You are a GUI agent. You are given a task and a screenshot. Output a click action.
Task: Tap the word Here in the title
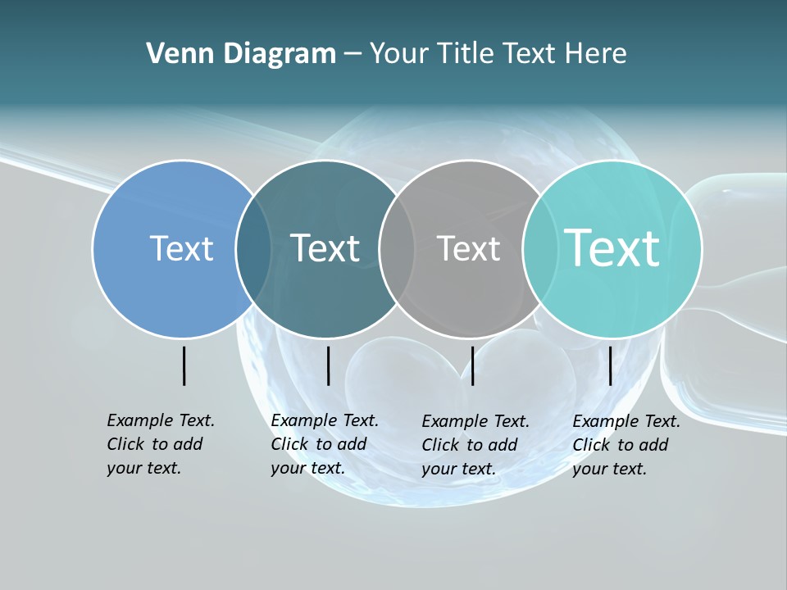click(596, 54)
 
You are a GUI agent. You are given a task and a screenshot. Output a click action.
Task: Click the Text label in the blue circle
click(181, 248)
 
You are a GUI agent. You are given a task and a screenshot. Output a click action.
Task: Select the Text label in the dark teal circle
click(325, 248)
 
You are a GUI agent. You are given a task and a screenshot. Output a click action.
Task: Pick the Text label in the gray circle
click(468, 248)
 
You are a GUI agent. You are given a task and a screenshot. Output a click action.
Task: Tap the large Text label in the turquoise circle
click(612, 247)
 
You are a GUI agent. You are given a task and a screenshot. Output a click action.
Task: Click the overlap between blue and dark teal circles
click(253, 249)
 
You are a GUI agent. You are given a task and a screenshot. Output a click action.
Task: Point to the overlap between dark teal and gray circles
click(397, 249)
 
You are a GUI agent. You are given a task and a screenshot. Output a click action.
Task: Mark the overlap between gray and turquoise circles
click(540, 249)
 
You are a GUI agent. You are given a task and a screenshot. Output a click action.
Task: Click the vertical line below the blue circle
click(184, 365)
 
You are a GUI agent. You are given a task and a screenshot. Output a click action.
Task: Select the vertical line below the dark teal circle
click(328, 365)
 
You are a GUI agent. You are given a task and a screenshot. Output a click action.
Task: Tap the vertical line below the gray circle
click(472, 365)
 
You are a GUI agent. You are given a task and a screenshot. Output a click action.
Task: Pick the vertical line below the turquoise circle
click(610, 365)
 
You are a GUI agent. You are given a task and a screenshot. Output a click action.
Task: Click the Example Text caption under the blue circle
click(160, 444)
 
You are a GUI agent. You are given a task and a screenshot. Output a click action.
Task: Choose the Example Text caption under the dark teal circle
click(324, 444)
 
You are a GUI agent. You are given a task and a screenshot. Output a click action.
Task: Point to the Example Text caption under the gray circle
click(475, 445)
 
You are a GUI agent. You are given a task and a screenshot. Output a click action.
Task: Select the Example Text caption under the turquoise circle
click(626, 445)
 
